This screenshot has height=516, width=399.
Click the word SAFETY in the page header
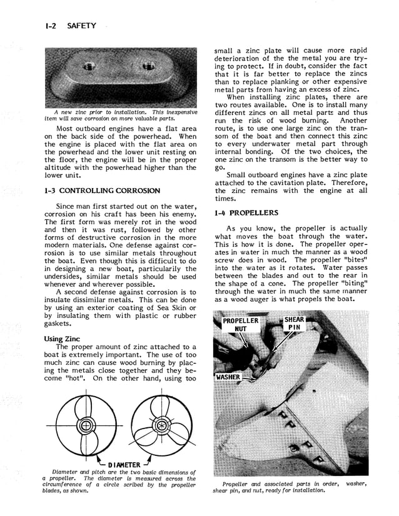(81, 26)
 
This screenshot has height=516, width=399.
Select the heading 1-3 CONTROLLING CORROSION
(102, 191)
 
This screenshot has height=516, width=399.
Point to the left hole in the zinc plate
(90, 66)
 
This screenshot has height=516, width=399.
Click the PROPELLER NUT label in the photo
(240, 324)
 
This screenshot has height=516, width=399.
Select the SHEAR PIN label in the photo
(294, 324)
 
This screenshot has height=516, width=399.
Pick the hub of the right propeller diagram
(161, 426)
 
